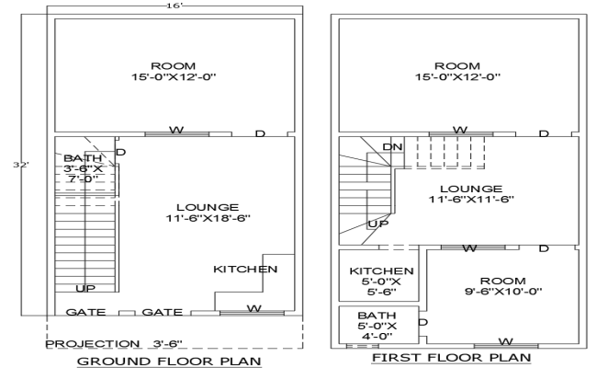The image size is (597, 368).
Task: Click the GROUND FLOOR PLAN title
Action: point(167,361)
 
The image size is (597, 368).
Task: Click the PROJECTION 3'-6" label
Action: point(115,343)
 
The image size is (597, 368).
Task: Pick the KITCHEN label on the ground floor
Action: point(245,269)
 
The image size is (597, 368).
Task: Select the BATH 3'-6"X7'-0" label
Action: point(84,168)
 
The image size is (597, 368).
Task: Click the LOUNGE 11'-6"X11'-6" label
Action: point(470,193)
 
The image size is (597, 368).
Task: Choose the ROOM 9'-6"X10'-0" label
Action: point(502,286)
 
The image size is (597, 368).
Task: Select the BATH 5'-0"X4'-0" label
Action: point(377,325)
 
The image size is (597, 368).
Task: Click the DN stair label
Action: point(392,146)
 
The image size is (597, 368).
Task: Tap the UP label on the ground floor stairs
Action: point(85,289)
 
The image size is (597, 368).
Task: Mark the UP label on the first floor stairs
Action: point(377,224)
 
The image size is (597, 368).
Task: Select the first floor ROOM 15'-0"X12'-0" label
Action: point(457,72)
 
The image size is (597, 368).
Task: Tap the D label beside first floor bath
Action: point(423,322)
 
